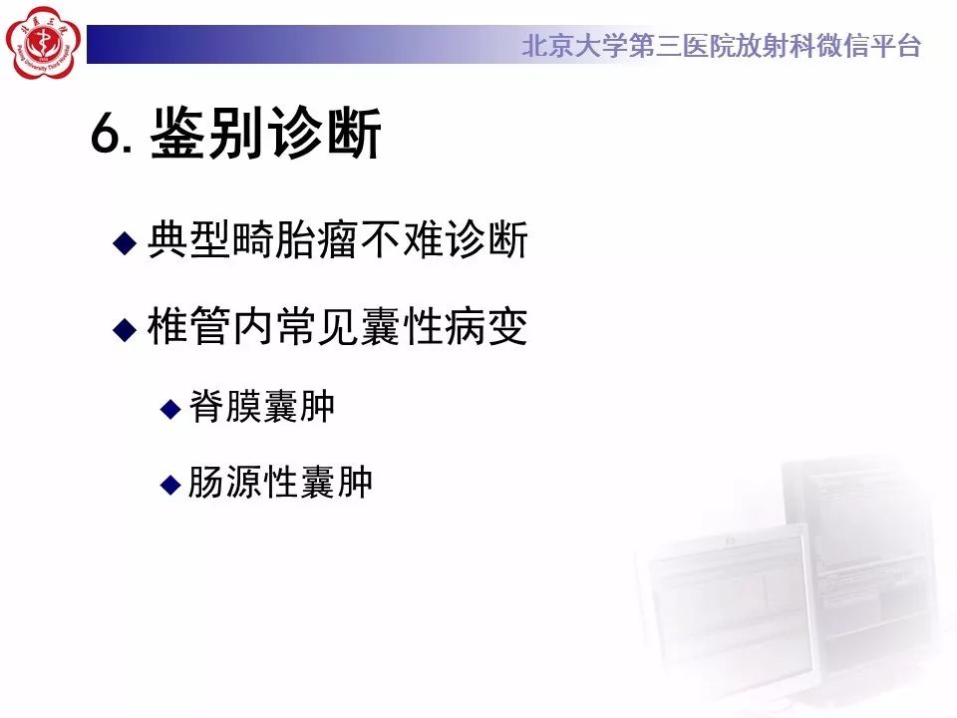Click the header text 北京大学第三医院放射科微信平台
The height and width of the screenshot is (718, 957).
[721, 46]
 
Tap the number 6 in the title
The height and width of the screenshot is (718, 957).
[104, 136]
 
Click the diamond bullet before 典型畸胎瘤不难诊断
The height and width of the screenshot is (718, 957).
[124, 242]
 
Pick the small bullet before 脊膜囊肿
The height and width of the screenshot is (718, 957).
[170, 408]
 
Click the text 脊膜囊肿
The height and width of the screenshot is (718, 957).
[262, 407]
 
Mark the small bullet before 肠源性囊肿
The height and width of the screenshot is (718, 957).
[170, 485]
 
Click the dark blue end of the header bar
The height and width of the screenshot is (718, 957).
[110, 45]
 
